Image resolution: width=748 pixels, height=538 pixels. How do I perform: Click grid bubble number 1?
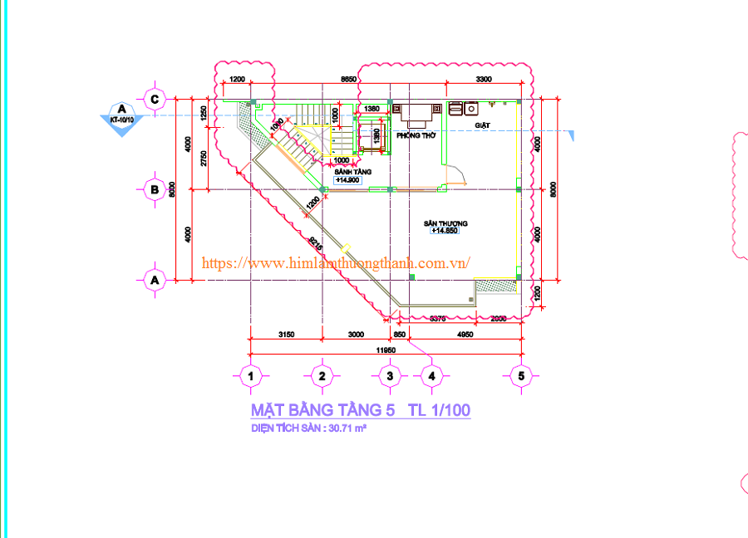(x=250, y=376)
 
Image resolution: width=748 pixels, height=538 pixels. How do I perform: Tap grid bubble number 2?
(x=322, y=376)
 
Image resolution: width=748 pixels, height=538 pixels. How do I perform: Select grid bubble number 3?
(x=390, y=376)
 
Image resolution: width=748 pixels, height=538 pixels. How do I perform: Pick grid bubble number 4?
(x=431, y=376)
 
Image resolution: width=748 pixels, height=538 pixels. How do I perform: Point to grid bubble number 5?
(x=521, y=375)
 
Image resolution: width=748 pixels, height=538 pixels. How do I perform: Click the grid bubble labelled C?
(x=154, y=99)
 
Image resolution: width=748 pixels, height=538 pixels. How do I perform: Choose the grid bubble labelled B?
(x=154, y=188)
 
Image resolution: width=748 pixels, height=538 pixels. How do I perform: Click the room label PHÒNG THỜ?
(x=416, y=134)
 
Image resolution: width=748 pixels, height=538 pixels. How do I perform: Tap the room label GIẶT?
(x=483, y=125)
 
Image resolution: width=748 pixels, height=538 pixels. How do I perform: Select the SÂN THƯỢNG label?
(x=445, y=223)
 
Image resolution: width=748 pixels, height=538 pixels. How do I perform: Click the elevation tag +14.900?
(x=347, y=180)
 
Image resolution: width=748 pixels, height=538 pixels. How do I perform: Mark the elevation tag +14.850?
(x=445, y=232)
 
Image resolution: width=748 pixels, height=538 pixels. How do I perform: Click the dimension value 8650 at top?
(x=348, y=79)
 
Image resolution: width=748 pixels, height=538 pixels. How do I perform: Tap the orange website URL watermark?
(x=337, y=262)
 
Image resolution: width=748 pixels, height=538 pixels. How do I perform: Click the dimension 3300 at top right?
(x=484, y=79)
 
